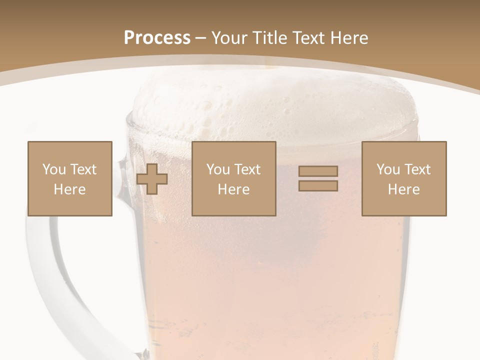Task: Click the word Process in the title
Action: coord(157,38)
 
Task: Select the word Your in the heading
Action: coord(228,38)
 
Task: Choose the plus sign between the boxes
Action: coord(152,179)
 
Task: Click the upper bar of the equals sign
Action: coord(318,171)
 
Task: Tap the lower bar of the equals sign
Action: coord(318,186)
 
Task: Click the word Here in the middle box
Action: coord(234,189)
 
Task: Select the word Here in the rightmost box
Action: coord(404,189)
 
